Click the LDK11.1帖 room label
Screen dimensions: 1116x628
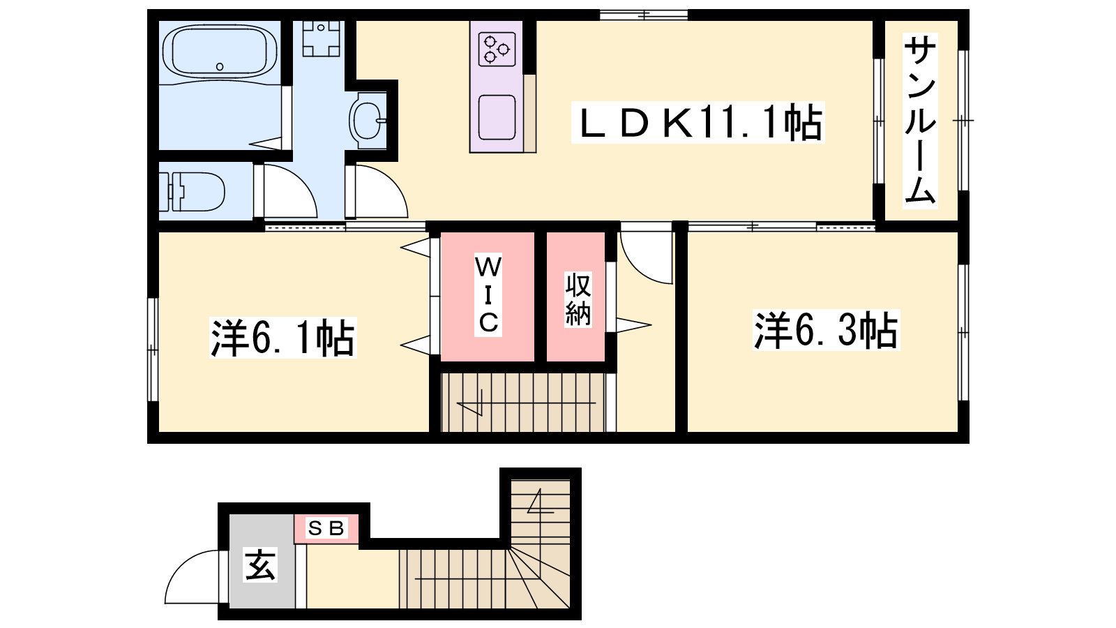pyautogui.click(x=698, y=123)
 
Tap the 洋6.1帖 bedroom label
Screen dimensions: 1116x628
pyautogui.click(x=283, y=338)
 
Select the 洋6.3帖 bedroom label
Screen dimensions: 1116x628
pyautogui.click(x=826, y=330)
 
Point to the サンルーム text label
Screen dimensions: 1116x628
pyautogui.click(x=920, y=121)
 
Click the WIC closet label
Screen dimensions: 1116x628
pyautogui.click(x=488, y=294)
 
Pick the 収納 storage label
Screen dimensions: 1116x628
pyautogui.click(x=578, y=299)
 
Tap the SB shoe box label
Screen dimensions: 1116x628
pyautogui.click(x=326, y=528)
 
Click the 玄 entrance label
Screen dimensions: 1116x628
pyautogui.click(x=260, y=565)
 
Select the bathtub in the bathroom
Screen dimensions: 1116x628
pyautogui.click(x=220, y=52)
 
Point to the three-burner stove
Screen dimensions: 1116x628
pyautogui.click(x=497, y=49)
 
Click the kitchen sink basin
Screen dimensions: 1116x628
pyautogui.click(x=497, y=117)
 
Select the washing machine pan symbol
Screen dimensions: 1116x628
pyautogui.click(x=321, y=38)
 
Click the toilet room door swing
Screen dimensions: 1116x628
pyautogui.click(x=290, y=191)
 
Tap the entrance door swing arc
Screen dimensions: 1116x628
pyautogui.click(x=192, y=576)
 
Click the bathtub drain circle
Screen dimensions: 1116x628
pyautogui.click(x=220, y=66)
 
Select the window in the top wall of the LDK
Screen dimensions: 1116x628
pyautogui.click(x=644, y=15)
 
